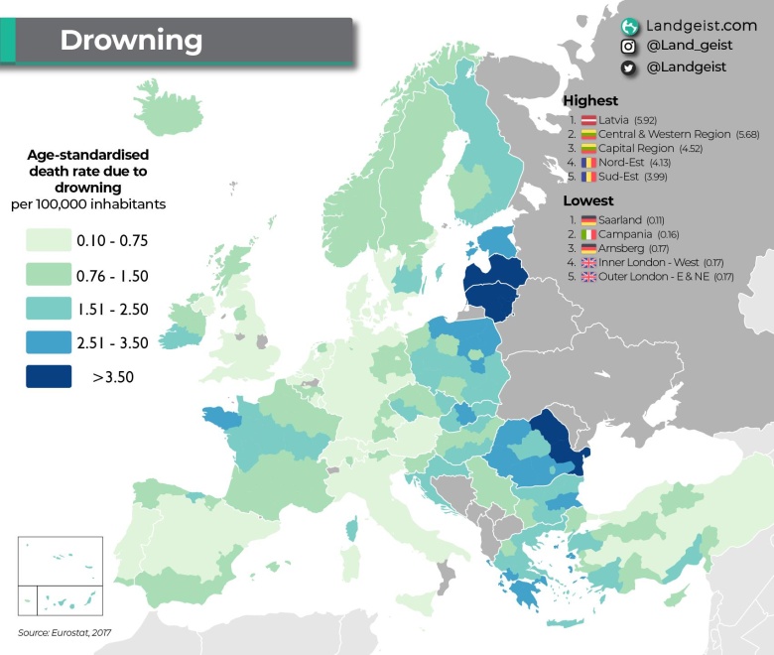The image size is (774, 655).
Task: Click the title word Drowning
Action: [131, 41]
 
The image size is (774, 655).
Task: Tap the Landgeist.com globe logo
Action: [628, 27]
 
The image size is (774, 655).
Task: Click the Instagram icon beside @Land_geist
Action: [628, 47]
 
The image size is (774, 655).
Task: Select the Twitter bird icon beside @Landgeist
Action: [628, 67]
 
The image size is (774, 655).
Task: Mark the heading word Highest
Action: [590, 100]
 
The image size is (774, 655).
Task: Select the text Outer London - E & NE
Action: [651, 276]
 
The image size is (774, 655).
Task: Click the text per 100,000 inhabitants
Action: [96, 203]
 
